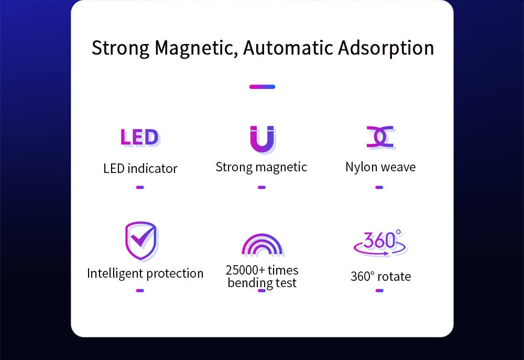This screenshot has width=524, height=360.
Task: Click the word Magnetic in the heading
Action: pos(196,48)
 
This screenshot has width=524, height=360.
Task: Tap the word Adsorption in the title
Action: pos(386,48)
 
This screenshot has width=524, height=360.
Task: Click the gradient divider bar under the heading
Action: pos(263,87)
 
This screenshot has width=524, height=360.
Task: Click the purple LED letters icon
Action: pos(140,137)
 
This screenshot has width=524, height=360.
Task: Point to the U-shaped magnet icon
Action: pos(263,139)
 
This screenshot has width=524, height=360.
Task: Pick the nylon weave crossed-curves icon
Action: pos(380,137)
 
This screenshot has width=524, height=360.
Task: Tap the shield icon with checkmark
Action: pos(141,241)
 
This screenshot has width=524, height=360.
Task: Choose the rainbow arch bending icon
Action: pos(263,245)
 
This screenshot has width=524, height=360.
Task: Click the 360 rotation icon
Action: pos(380,243)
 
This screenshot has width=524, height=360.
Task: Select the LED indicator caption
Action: pos(140,168)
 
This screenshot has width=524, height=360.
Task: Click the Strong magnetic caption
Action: pos(261,167)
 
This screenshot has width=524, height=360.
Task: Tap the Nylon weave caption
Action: pos(380,167)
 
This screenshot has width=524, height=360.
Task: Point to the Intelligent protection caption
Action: pos(145,274)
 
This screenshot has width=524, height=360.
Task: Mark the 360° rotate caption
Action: pos(380,277)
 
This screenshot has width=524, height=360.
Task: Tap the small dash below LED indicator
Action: pos(140,188)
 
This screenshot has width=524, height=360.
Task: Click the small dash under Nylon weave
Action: pos(379,188)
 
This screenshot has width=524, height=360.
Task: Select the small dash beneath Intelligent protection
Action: pos(140,291)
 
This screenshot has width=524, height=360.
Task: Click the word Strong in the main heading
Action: pos(121,48)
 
